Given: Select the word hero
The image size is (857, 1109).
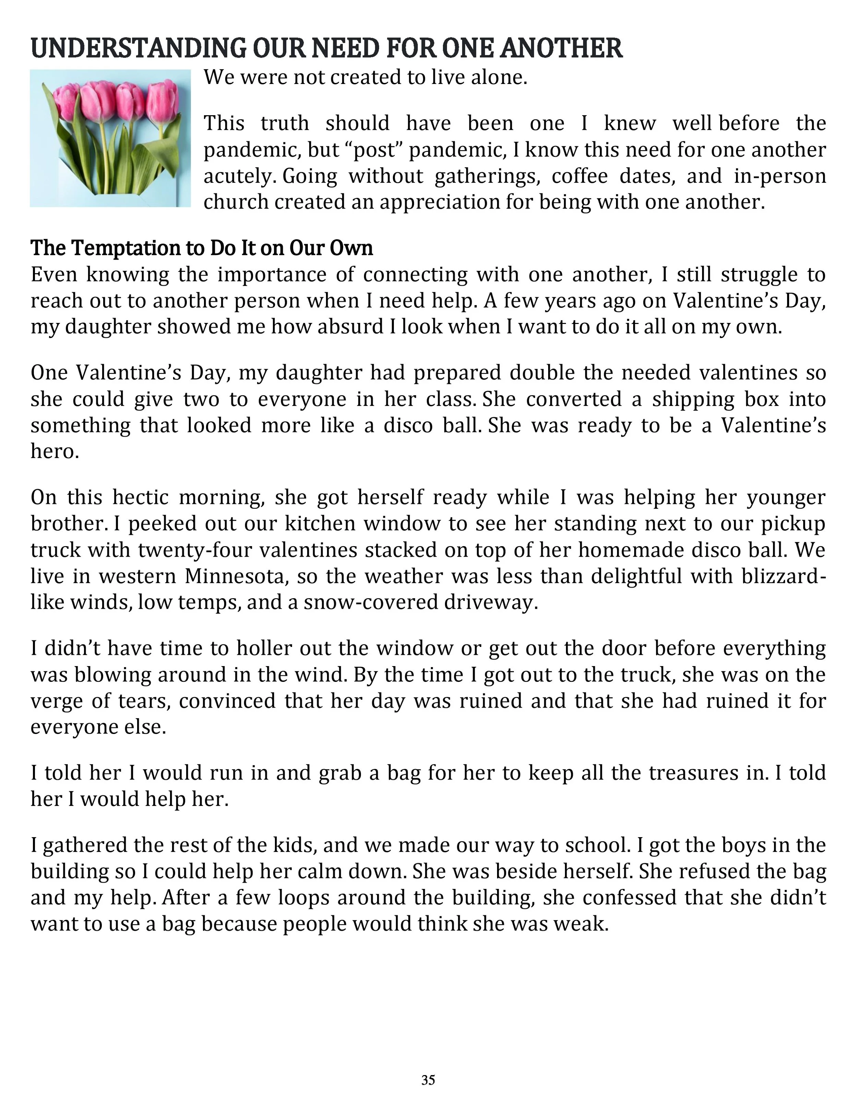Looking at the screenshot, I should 54,451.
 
